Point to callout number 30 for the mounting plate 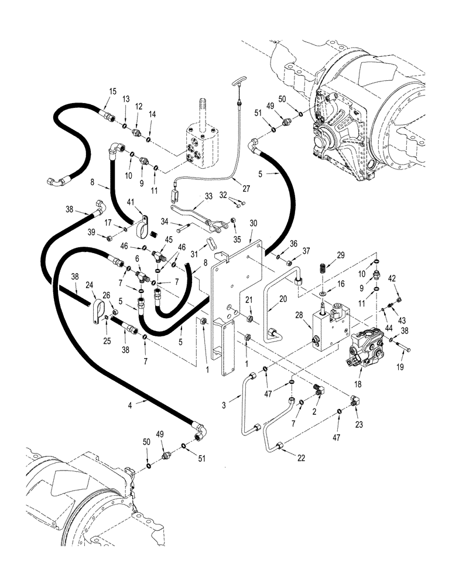click(253, 223)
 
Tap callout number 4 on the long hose click(129, 404)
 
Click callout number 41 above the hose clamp click(131, 202)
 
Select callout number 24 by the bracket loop click(90, 285)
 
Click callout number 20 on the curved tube click(283, 298)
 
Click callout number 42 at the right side click(392, 279)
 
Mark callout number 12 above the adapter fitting click(139, 107)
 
